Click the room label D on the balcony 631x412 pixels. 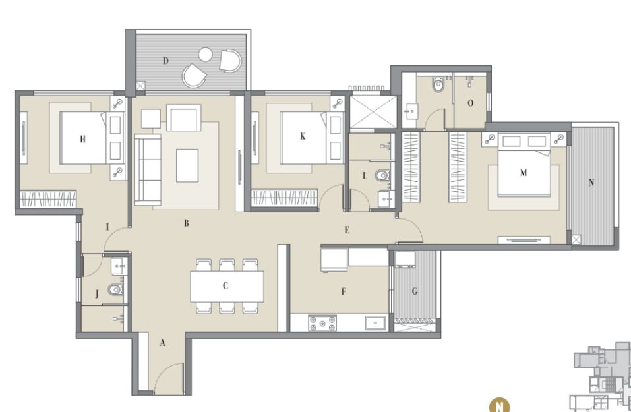coord(165,61)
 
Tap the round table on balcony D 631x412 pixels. coord(205,54)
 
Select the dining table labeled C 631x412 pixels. coord(227,286)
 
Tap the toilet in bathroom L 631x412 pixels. coord(382,175)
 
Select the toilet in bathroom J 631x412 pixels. coord(115,289)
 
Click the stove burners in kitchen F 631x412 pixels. coord(322,323)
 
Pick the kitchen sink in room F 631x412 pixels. coord(375,323)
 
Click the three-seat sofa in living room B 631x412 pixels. coord(147,170)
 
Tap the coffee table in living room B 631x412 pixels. coord(187,165)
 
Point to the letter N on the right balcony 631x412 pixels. coord(591,183)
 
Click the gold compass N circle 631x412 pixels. coord(499,405)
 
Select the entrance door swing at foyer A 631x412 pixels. coord(169,378)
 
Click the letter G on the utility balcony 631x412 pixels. coord(415,291)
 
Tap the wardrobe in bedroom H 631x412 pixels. coord(48,199)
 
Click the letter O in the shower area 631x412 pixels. coord(470,103)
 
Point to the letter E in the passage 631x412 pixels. coord(346,230)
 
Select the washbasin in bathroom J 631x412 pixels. coord(119,266)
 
